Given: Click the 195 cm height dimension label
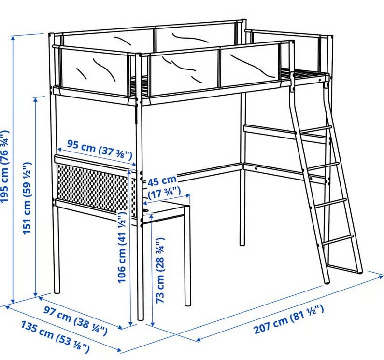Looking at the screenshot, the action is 5,166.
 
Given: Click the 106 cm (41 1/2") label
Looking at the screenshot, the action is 122,247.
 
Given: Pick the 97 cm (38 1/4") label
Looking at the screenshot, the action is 75,320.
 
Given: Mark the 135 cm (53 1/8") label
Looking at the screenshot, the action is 55,337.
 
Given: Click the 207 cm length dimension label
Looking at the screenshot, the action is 289,319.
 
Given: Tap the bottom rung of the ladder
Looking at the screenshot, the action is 339,240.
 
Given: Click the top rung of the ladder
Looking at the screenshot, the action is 316,130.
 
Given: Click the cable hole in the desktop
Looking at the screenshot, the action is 145,210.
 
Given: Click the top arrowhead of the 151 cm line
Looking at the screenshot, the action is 36,100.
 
